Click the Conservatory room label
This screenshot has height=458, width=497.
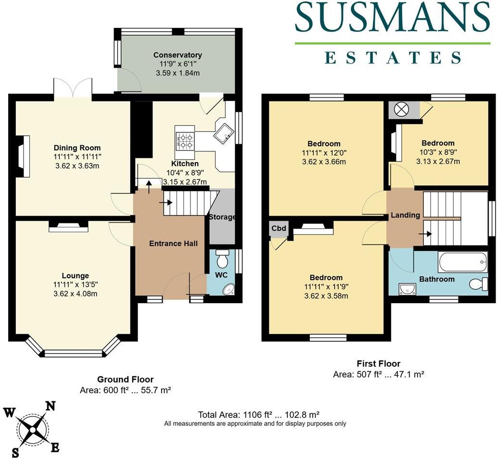tap(178, 55)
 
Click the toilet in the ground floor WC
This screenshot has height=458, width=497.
tap(222, 260)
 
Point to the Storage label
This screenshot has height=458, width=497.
tap(222, 217)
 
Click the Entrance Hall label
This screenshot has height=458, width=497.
tap(173, 244)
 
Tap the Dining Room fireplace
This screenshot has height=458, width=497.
tap(23, 156)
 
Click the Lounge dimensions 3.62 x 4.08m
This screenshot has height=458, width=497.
tap(75, 294)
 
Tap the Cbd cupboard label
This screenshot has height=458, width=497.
tap(278, 229)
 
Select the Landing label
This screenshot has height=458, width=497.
tap(405, 215)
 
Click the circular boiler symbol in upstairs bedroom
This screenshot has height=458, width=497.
tap(400, 110)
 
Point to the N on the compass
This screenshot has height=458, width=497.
tap(50, 406)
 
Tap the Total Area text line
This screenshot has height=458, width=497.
tap(259, 415)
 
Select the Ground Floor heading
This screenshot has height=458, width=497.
tap(125, 380)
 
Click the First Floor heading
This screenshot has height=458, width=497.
tap(378, 364)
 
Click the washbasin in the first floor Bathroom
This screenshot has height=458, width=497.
tap(407, 288)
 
